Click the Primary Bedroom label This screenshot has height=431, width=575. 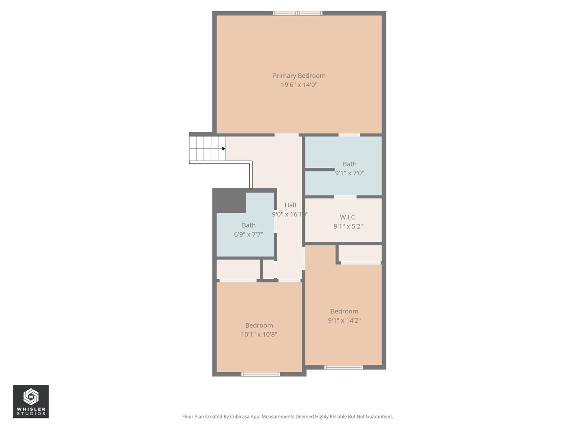(299, 76)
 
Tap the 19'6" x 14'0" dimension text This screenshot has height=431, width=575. (299, 85)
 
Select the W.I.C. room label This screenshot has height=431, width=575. (348, 217)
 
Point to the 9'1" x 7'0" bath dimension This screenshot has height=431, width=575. (349, 173)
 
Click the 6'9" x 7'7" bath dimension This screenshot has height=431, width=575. (248, 234)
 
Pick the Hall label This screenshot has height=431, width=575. (290, 205)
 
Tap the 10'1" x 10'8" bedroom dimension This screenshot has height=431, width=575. (259, 334)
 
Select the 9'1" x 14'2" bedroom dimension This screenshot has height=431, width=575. (344, 321)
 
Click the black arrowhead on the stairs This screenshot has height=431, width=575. (224, 149)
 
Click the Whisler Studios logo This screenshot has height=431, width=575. (31, 401)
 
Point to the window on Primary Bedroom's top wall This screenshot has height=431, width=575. (297, 13)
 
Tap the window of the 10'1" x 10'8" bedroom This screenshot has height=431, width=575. (261, 374)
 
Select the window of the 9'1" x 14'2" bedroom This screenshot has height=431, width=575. (344, 367)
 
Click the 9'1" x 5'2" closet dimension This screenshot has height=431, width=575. (348, 227)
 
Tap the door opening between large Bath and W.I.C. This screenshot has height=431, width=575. (345, 197)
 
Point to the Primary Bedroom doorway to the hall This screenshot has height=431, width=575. (287, 135)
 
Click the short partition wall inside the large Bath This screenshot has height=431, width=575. (320, 169)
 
